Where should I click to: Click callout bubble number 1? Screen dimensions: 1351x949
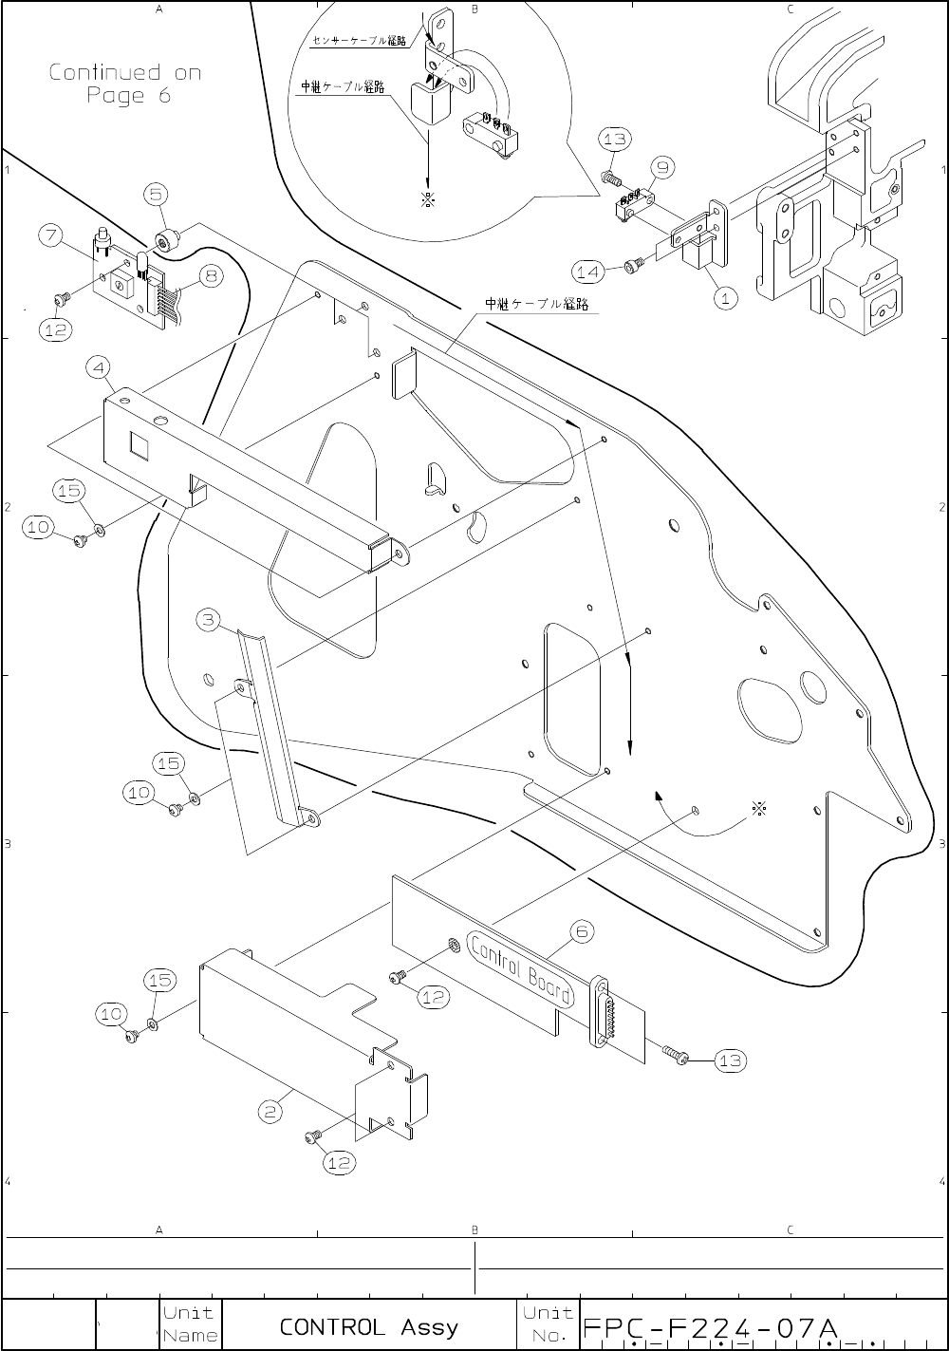[725, 298]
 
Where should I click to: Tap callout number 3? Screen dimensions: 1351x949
[210, 622]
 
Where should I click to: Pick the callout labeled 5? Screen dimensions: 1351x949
[158, 195]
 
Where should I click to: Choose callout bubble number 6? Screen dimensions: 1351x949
[581, 932]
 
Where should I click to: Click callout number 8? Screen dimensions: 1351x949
[210, 277]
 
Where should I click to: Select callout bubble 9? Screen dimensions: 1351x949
[661, 168]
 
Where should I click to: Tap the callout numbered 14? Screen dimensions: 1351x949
[588, 272]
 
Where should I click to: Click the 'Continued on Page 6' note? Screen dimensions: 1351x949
[124, 84]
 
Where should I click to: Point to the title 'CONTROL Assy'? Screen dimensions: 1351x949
[368, 1326]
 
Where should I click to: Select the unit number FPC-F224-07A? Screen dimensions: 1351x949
[710, 1326]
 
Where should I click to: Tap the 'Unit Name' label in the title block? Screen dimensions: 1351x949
[190, 1324]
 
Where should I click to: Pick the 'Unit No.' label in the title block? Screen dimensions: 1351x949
[548, 1324]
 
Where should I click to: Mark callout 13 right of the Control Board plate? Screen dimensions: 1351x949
[730, 1060]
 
